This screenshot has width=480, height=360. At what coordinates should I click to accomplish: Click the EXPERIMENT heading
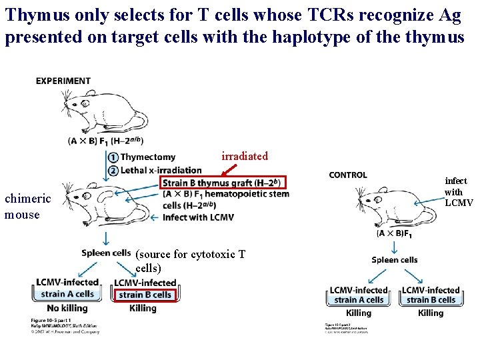63,81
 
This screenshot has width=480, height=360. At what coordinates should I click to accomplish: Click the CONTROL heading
347,175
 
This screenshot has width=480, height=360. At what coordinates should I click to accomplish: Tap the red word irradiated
244,156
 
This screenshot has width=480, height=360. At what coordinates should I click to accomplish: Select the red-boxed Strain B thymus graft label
223,183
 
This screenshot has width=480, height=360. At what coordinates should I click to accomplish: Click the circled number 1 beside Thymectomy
113,157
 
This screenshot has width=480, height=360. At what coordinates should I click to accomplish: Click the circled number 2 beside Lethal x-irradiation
113,170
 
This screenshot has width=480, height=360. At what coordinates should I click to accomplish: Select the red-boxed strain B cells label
144,295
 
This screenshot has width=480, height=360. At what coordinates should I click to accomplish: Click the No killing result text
67,308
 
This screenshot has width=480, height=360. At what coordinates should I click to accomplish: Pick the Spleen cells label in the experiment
106,253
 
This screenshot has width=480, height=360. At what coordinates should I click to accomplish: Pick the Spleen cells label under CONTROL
395,259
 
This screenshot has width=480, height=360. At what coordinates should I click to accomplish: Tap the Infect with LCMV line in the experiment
198,217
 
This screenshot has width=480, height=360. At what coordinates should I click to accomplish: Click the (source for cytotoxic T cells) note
190,261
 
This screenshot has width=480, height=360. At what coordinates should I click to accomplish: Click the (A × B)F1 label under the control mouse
394,233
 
